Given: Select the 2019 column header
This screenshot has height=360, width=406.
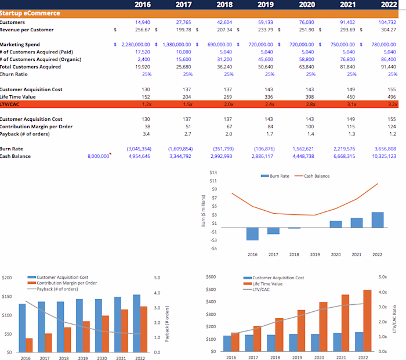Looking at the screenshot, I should (266, 5).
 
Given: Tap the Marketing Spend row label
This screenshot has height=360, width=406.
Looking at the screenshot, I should (20, 45).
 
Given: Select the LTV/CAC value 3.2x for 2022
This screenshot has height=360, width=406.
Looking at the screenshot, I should (392, 104).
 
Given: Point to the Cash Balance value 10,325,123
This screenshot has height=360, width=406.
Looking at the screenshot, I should (382, 156).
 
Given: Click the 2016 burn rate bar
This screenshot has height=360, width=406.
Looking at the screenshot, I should (252, 232).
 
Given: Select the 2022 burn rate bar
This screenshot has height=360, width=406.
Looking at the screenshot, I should (377, 219).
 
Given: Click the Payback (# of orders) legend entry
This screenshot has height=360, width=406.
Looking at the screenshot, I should (57, 289).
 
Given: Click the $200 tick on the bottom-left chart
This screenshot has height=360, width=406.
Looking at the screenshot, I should (8, 278).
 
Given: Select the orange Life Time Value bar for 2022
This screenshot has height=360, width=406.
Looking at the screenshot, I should (367, 321).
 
